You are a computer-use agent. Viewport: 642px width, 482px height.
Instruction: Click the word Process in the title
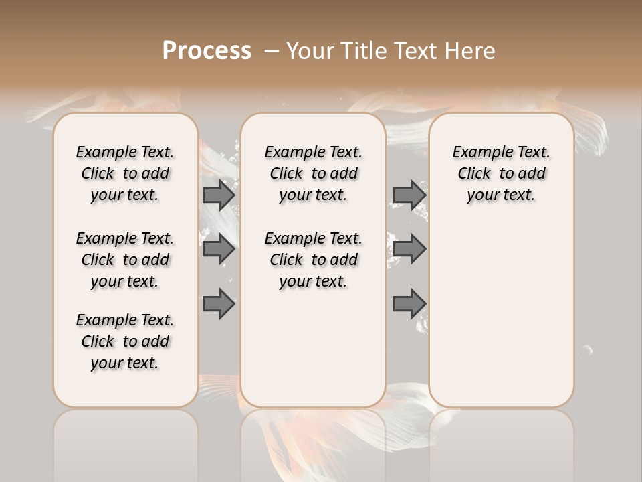[x=207, y=50]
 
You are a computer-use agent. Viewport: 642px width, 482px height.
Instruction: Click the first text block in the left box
[x=125, y=173]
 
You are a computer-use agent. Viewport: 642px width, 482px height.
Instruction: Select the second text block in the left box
[x=125, y=260]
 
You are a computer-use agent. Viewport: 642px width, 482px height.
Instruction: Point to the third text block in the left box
[x=125, y=341]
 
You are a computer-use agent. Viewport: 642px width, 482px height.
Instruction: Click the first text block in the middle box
[x=314, y=173]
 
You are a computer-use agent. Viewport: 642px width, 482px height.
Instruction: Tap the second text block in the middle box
[x=314, y=260]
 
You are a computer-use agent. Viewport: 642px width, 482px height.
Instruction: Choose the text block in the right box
[x=502, y=173]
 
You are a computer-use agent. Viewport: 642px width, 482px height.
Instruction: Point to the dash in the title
[x=272, y=50]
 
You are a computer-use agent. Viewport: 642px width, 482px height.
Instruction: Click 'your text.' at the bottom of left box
[x=125, y=363]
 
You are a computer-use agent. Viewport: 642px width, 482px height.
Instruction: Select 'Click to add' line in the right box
[x=502, y=174]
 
